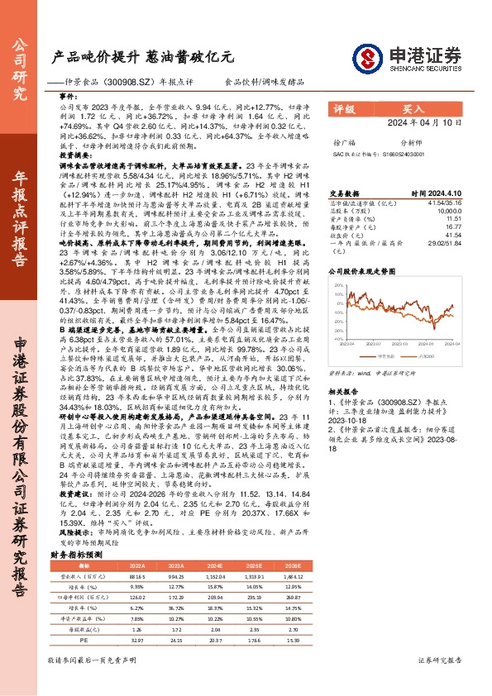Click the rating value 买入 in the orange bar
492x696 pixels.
413,108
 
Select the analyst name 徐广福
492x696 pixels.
342,141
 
